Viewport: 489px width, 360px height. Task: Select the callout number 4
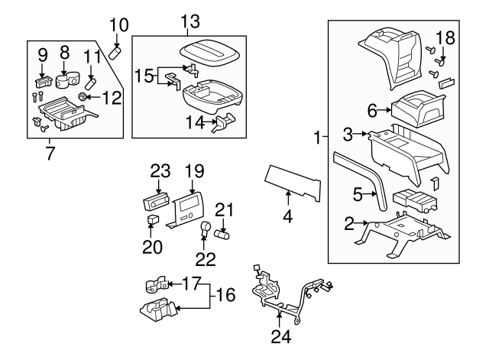click(288, 217)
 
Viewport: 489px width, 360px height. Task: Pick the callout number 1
click(317, 138)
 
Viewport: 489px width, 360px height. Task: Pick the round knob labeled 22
click(206, 227)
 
